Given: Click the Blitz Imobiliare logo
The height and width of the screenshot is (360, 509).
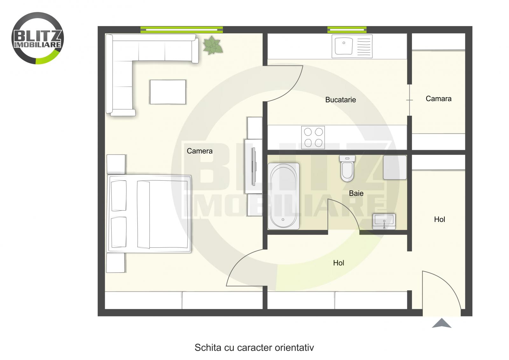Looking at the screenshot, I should pyautogui.click(x=38, y=38).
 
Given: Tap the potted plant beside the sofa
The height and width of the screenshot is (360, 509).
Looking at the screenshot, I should pyautogui.click(x=213, y=45).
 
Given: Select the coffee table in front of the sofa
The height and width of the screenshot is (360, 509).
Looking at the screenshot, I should pyautogui.click(x=168, y=92).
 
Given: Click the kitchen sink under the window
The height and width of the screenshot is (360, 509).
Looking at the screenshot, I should pyautogui.click(x=352, y=46).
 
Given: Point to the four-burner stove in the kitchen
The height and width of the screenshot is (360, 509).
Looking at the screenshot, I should pyautogui.click(x=313, y=137).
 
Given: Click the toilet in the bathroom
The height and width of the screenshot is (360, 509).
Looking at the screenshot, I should pyautogui.click(x=347, y=168).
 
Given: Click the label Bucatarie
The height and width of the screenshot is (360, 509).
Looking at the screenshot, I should pyautogui.click(x=340, y=100).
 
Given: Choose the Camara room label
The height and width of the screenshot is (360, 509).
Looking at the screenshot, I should pyautogui.click(x=438, y=99).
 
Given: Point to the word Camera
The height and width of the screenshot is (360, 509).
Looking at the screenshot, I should pyautogui.click(x=199, y=151).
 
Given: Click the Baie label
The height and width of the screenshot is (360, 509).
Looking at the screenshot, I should pyautogui.click(x=356, y=193).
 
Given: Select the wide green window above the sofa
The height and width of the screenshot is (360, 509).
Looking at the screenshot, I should pyautogui.click(x=182, y=30).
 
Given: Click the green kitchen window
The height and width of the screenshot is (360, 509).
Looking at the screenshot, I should pyautogui.click(x=347, y=30).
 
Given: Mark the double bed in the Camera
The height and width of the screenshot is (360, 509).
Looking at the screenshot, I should pyautogui.click(x=150, y=214).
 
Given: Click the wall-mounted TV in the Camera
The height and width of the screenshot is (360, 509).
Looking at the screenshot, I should pyautogui.click(x=254, y=166).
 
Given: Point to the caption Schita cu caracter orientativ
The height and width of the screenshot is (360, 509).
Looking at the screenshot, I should pyautogui.click(x=254, y=348).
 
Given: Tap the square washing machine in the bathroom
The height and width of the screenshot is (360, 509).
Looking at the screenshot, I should pyautogui.click(x=394, y=167).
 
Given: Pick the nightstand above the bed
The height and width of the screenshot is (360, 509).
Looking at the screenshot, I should pyautogui.click(x=116, y=164).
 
